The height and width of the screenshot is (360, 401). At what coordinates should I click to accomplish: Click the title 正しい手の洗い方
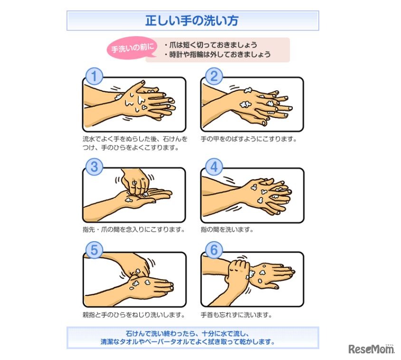192,20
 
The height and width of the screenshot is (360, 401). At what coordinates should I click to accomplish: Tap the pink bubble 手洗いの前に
132,48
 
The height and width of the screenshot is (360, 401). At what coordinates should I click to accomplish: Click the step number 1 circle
94,76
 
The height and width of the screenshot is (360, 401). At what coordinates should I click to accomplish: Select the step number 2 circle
214,76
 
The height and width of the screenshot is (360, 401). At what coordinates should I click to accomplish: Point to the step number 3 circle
94,167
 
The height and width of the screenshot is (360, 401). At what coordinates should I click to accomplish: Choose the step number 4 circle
214,167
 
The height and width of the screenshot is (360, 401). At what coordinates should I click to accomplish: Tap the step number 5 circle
94,250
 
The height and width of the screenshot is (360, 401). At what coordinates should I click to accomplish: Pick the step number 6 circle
214,250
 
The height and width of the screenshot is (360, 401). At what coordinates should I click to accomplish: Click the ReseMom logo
372,349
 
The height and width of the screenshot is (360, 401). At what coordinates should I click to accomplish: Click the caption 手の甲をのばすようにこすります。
248,139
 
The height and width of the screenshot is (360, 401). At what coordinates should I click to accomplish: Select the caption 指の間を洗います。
227,229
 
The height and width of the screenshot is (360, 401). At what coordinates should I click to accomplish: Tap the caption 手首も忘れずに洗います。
236,315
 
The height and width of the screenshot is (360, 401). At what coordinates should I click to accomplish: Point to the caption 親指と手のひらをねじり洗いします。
134,315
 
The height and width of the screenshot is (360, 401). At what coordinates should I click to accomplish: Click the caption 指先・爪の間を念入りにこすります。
134,229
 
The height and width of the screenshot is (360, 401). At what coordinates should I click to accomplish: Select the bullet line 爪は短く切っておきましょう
211,45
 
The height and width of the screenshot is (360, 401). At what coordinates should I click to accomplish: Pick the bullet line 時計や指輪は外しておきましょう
218,55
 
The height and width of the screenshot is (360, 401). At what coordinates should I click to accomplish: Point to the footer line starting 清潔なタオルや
188,342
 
